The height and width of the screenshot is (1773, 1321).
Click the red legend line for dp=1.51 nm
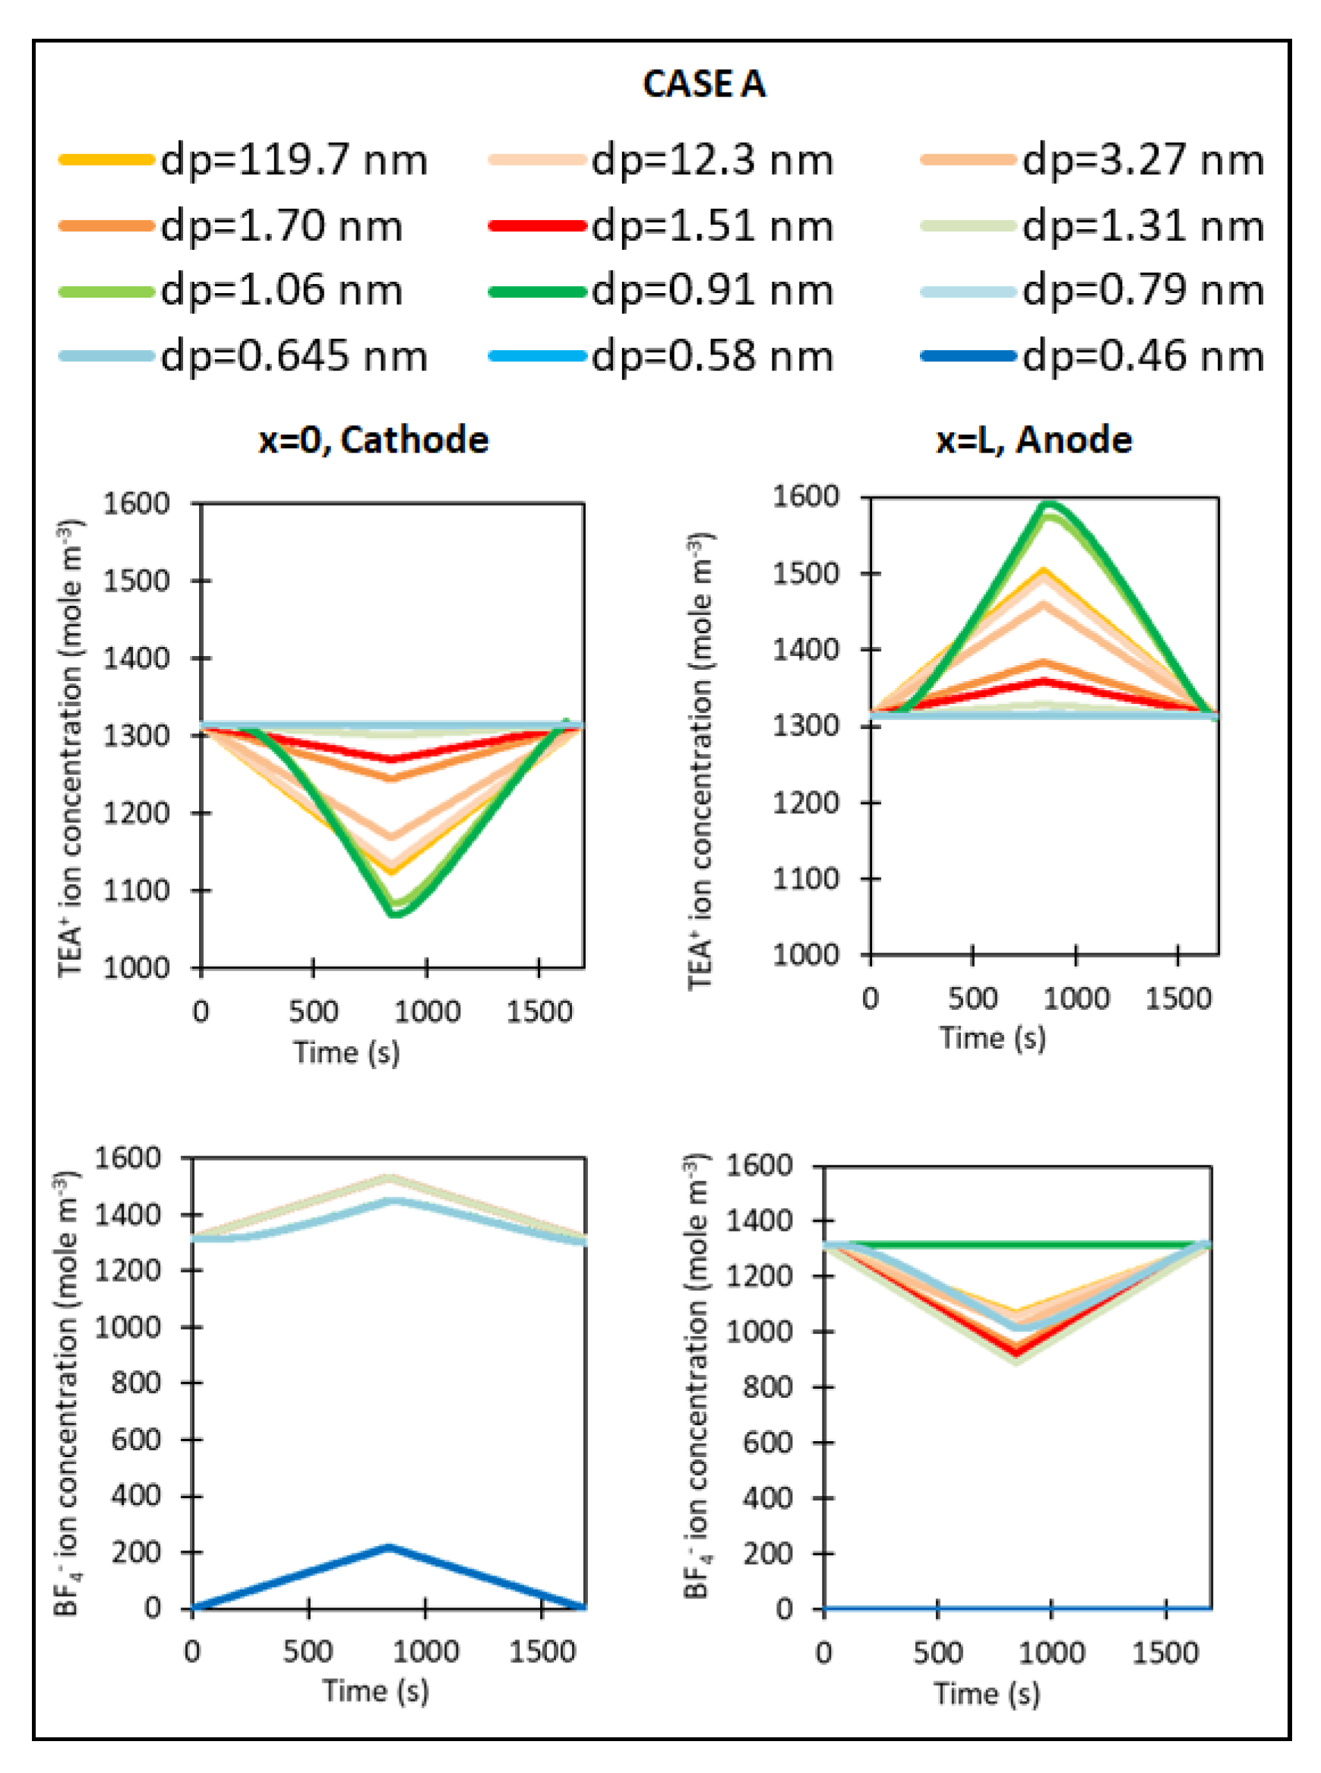click(536, 226)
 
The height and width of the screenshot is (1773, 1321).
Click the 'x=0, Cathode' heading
click(374, 440)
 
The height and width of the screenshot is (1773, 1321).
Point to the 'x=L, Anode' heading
click(1034, 440)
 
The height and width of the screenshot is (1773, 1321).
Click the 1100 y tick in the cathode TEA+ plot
click(137, 891)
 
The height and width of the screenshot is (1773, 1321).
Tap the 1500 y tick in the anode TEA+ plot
click(805, 574)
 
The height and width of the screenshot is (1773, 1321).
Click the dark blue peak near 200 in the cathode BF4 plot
click(389, 1547)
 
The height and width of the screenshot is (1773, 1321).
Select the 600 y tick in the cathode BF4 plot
click(137, 1440)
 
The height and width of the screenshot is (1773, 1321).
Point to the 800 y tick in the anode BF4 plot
click(767, 1387)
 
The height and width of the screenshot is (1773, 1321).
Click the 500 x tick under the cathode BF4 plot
click(308, 1652)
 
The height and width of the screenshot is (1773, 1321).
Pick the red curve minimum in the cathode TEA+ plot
click(392, 759)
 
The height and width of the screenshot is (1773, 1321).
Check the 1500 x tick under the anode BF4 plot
click(1165, 1652)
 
